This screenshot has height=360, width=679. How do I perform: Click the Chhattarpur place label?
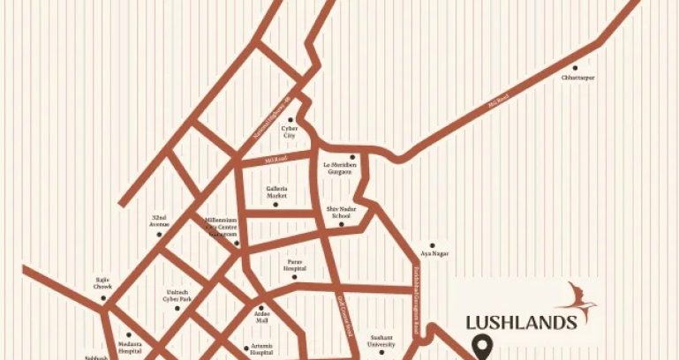(577, 79)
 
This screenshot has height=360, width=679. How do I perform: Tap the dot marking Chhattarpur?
(576, 67)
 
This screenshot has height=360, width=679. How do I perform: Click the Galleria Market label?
(277, 191)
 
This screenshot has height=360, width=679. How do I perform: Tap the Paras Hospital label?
(295, 265)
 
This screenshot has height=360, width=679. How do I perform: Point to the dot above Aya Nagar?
(432, 244)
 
